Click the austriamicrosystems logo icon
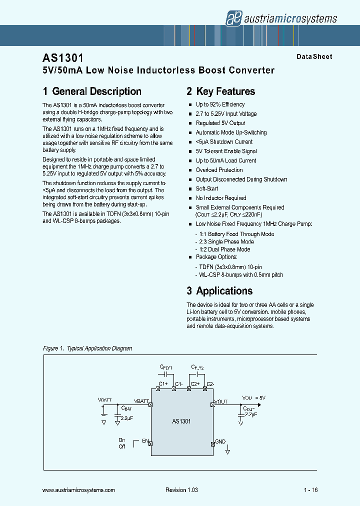[233, 18]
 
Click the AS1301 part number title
[63, 58]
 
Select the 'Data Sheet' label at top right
[314, 57]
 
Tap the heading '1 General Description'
[92, 91]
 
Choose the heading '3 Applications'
[219, 291]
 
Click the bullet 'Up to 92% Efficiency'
[220, 104]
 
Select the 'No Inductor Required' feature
[220, 198]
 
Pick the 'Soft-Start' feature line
[206, 189]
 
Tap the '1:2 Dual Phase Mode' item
[222, 249]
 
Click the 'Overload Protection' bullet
[219, 170]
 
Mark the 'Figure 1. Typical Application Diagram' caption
[87, 348]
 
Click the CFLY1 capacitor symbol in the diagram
[166, 373]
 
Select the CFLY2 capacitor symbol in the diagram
[198, 373]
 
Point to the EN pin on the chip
[149, 443]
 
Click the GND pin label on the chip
[220, 441]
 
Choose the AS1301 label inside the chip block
[181, 421]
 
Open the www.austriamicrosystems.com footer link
[79, 490]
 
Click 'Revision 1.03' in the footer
[181, 490]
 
